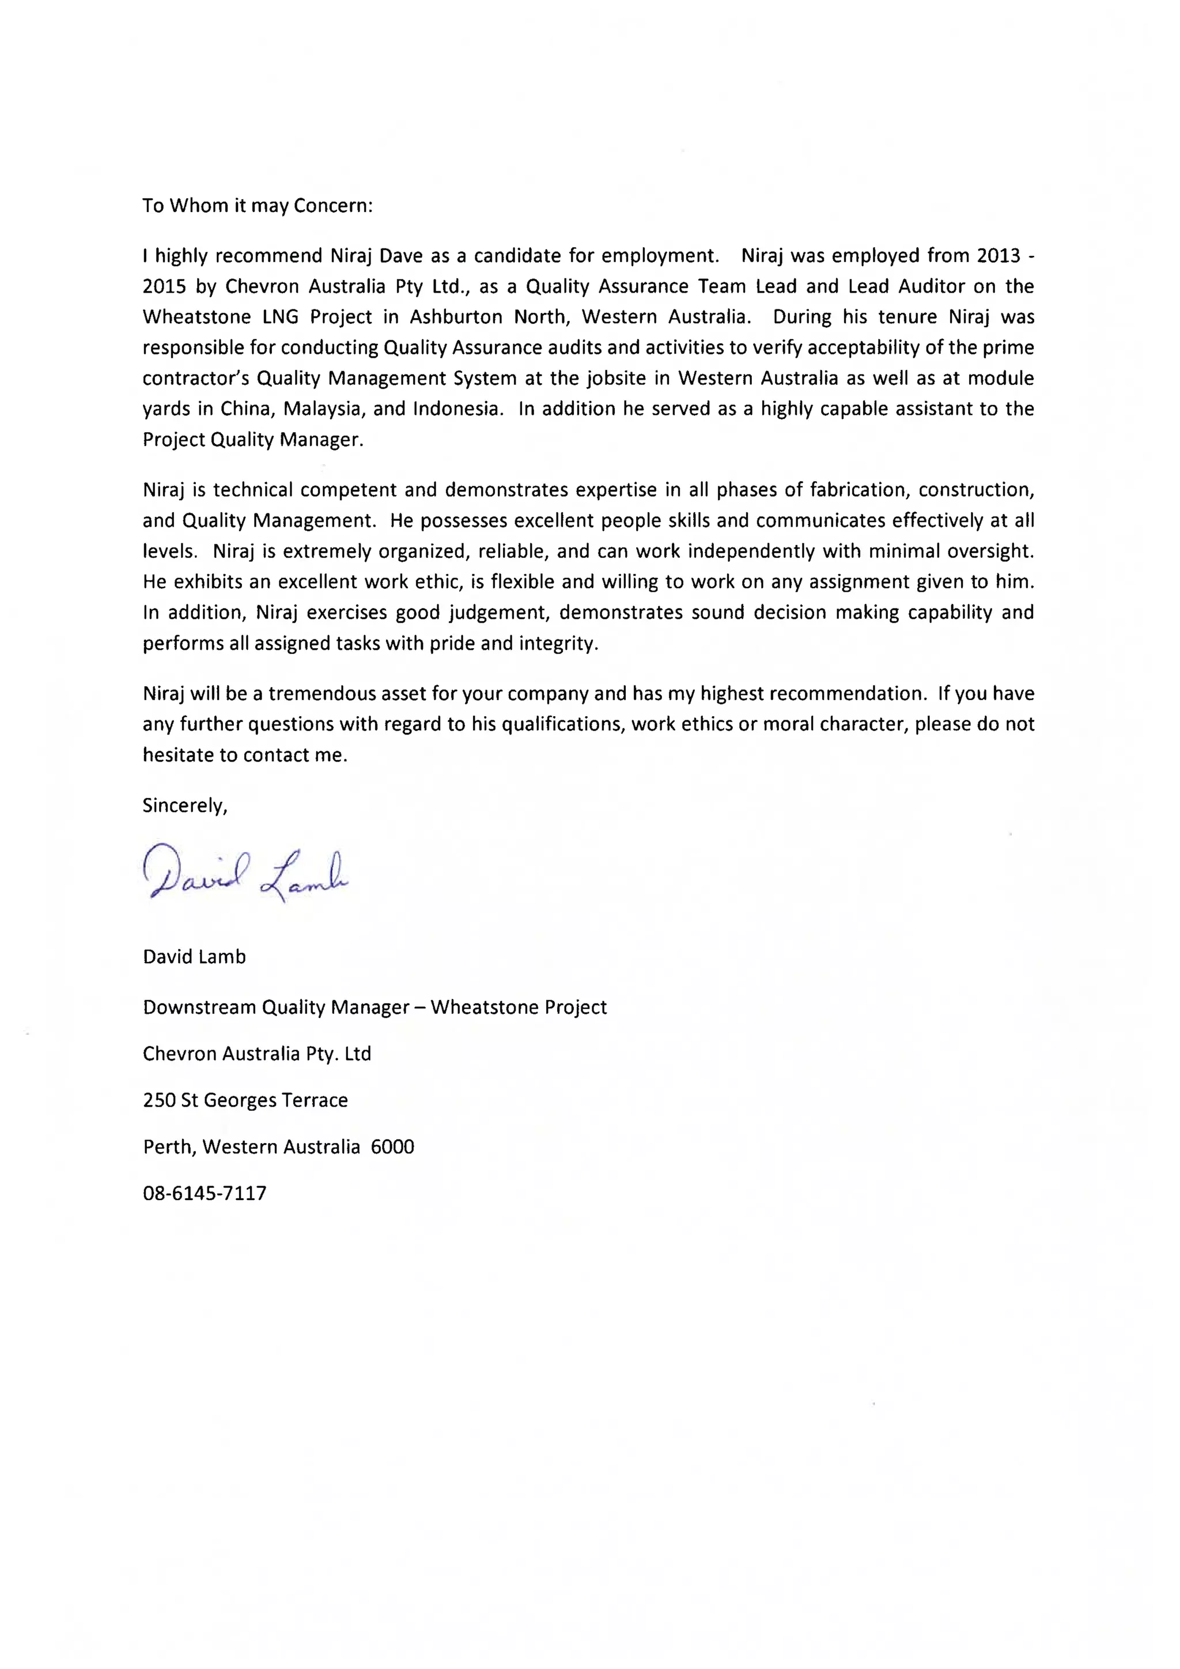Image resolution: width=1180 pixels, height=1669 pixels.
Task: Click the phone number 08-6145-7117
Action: point(205,1193)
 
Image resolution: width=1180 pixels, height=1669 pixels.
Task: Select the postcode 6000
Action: point(392,1146)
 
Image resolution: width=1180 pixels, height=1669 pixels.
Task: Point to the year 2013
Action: point(999,256)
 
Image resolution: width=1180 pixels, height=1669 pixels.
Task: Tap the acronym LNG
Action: point(281,317)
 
